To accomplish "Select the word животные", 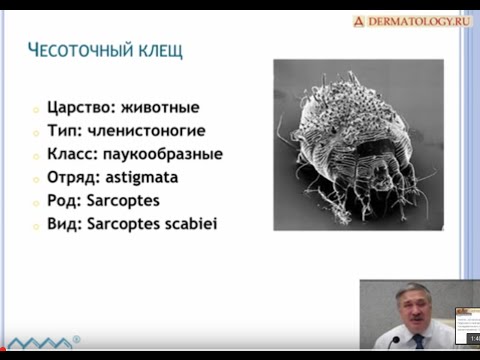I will tap(165, 108).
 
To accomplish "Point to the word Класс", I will tap(74, 154).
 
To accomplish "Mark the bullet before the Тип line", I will tap(35, 133).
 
